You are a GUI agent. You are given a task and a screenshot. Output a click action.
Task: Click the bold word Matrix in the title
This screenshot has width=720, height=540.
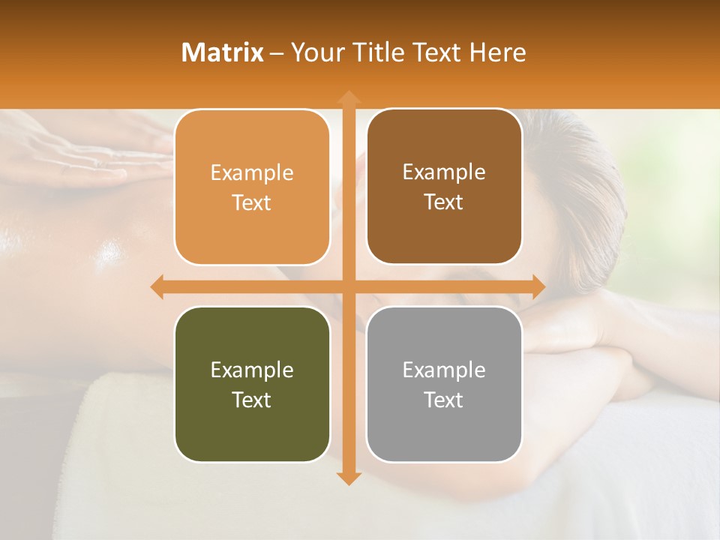tap(223, 52)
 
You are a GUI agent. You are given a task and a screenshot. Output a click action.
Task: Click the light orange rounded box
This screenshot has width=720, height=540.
tap(252, 187)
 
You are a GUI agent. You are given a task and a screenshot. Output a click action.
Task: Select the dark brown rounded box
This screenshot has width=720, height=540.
tap(444, 187)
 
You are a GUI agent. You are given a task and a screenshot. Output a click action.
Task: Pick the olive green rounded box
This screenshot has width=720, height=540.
tap(252, 384)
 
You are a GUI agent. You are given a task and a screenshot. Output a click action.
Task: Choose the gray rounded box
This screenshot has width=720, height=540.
tap(444, 384)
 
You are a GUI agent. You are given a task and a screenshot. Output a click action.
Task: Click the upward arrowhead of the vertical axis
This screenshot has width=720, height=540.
tap(348, 97)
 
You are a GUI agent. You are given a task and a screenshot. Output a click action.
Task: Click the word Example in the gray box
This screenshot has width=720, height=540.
tap(444, 370)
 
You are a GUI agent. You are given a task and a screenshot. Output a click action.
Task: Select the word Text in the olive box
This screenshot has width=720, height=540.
tap(252, 400)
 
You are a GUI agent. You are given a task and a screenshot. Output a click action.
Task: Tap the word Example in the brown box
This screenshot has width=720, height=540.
tap(444, 172)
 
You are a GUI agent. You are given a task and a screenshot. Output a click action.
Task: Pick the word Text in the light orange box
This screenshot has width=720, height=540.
tap(252, 203)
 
